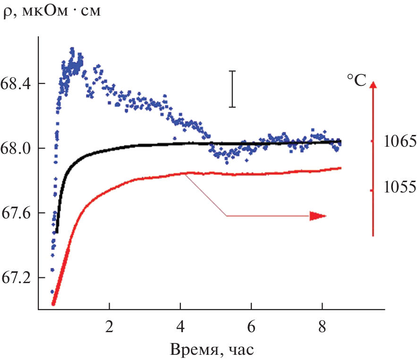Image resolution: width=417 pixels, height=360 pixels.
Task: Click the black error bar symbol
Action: pyautogui.click(x=232, y=89)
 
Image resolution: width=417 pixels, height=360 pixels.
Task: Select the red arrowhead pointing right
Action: pyautogui.click(x=318, y=216)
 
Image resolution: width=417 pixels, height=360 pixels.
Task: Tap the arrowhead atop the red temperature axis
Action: pyautogui.click(x=373, y=85)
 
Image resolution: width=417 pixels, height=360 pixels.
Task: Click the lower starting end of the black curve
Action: pyautogui.click(x=57, y=232)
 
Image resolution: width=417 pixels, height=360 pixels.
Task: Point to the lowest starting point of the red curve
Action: pyautogui.click(x=53, y=304)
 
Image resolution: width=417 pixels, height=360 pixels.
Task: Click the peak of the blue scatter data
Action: pyautogui.click(x=72, y=49)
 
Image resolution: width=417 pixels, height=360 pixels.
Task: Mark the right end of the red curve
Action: pyautogui.click(x=340, y=168)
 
